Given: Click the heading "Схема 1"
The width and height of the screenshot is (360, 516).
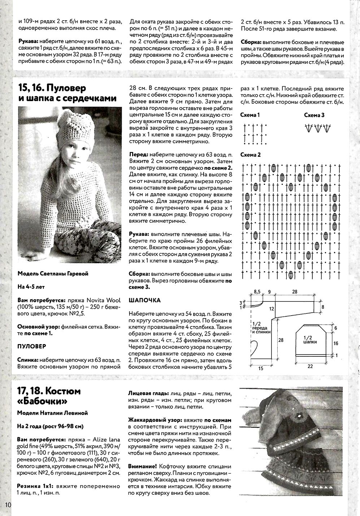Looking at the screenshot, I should point(250,115).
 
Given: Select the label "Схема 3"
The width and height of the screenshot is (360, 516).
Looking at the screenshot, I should point(314,115).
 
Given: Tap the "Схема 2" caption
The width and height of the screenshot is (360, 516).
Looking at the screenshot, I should point(250,155).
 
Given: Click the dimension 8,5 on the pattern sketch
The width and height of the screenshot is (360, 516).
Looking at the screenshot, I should point(257,291).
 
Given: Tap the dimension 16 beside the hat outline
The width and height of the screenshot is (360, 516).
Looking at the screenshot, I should point(336,343).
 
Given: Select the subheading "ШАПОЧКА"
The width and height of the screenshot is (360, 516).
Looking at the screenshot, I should point(144,300).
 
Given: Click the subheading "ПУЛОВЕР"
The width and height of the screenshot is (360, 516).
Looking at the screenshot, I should point(32,346).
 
